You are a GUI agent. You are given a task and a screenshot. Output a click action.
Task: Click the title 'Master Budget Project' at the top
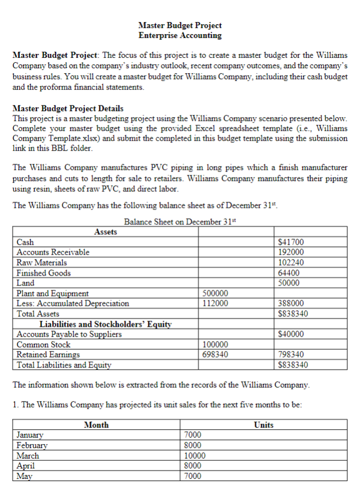pos(180,25)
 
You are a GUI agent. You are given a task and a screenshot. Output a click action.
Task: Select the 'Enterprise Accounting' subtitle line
pos(180,35)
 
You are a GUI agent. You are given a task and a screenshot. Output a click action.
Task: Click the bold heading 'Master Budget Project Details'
pos(68,108)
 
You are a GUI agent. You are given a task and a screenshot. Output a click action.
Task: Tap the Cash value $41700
pos(291,242)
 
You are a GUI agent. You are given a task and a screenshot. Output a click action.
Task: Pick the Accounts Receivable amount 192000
pos(291,252)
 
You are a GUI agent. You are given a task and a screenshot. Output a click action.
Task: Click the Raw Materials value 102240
pos(291,262)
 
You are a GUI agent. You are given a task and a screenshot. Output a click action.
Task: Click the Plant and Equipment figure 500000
pos(216,293)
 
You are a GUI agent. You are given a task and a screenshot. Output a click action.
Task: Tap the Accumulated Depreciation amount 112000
pos(216,303)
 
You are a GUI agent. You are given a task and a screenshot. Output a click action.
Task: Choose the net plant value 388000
pos(291,303)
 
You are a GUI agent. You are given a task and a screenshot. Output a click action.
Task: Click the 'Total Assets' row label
pos(38,313)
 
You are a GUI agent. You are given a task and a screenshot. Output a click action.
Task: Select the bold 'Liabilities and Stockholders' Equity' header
pos(106,324)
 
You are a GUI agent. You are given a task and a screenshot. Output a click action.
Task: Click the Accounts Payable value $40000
pos(291,334)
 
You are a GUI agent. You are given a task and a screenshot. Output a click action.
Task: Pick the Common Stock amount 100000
pos(216,345)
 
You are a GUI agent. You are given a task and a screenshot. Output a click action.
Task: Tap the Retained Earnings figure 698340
pos(216,355)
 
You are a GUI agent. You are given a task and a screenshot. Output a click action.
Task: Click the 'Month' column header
pos(96,425)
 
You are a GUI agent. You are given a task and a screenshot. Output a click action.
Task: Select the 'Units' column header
pos(264,425)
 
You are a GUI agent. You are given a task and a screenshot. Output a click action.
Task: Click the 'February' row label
pos(32,445)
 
